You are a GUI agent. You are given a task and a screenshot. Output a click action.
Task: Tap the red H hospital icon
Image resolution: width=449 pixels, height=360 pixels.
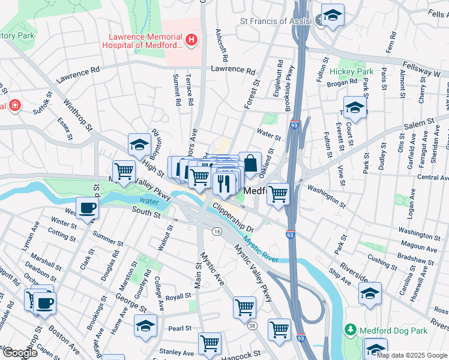click(191, 41)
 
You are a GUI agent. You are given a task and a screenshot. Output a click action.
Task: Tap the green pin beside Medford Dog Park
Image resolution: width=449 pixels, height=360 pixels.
click(351, 330)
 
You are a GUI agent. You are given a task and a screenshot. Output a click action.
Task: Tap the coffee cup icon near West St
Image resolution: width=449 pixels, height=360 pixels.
click(88, 209)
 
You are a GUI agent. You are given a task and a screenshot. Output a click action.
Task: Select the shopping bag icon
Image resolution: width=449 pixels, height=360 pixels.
click(250, 162)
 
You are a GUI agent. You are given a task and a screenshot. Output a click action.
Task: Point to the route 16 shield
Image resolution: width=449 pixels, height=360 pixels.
click(216, 231)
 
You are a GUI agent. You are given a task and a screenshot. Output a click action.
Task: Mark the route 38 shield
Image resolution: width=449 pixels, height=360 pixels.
click(253, 326)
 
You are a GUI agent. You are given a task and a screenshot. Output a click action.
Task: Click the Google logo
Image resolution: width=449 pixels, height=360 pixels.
click(20, 352)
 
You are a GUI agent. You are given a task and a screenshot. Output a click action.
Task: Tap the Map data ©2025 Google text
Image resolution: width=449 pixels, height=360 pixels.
click(412, 355)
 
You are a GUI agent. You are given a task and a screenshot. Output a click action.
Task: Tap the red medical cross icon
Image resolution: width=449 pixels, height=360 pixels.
click(14, 106)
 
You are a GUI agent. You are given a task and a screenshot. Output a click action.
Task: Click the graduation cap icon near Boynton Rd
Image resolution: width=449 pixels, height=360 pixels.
click(139, 144)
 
